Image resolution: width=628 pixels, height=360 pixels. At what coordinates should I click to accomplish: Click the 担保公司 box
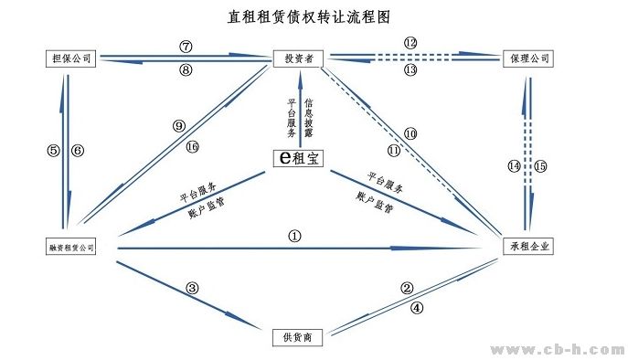[69, 58]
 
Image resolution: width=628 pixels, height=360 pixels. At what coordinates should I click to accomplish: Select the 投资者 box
[299, 58]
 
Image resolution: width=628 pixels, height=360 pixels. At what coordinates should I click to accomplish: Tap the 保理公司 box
[527, 58]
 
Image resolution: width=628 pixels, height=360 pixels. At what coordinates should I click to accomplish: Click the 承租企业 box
[527, 247]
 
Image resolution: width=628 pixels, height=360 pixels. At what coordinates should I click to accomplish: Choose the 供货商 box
[299, 337]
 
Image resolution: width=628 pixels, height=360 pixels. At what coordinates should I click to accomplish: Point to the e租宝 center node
[299, 158]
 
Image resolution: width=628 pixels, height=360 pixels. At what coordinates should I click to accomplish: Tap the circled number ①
[294, 235]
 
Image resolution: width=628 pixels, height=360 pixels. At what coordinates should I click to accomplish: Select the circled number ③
[192, 289]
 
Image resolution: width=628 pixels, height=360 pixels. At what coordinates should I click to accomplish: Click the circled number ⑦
[186, 46]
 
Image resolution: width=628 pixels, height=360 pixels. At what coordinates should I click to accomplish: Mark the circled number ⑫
[410, 43]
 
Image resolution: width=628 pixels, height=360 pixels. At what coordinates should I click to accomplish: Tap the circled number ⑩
[410, 133]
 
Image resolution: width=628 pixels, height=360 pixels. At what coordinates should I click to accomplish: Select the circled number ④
[417, 308]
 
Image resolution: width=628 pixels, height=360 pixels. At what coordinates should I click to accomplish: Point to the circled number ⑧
[186, 69]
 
